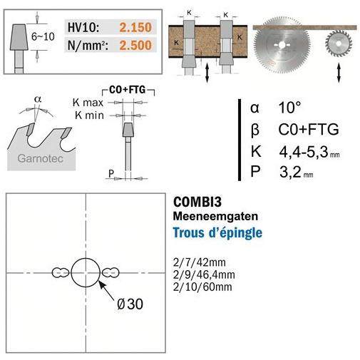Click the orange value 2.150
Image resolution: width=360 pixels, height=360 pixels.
click(135, 27)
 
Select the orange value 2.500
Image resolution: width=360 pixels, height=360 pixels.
click(135, 45)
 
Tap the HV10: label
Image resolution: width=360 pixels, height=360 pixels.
click(83, 27)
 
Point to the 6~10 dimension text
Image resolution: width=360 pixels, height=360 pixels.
click(43, 36)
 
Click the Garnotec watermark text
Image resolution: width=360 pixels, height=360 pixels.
click(41, 158)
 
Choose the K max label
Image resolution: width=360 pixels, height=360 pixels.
click(88, 103)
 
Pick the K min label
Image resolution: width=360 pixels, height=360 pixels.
click(89, 115)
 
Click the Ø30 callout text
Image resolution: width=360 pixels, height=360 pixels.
click(130, 304)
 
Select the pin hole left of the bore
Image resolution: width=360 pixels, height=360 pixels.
click(61, 272)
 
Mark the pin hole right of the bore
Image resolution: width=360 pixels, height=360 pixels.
click(110, 272)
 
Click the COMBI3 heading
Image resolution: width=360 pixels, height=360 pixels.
click(197, 202)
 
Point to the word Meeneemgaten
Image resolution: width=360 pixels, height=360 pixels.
click(215, 216)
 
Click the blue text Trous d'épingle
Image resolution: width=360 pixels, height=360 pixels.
click(217, 232)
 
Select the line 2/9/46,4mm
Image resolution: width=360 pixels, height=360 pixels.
click(204, 274)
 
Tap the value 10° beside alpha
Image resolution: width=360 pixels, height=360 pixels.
click(290, 108)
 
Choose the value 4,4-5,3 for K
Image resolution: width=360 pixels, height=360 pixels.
click(304, 152)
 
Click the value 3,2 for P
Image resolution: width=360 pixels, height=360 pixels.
click(290, 172)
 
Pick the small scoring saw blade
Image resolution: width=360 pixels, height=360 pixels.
click(339, 43)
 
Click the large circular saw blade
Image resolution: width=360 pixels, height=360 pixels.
click(282, 45)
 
